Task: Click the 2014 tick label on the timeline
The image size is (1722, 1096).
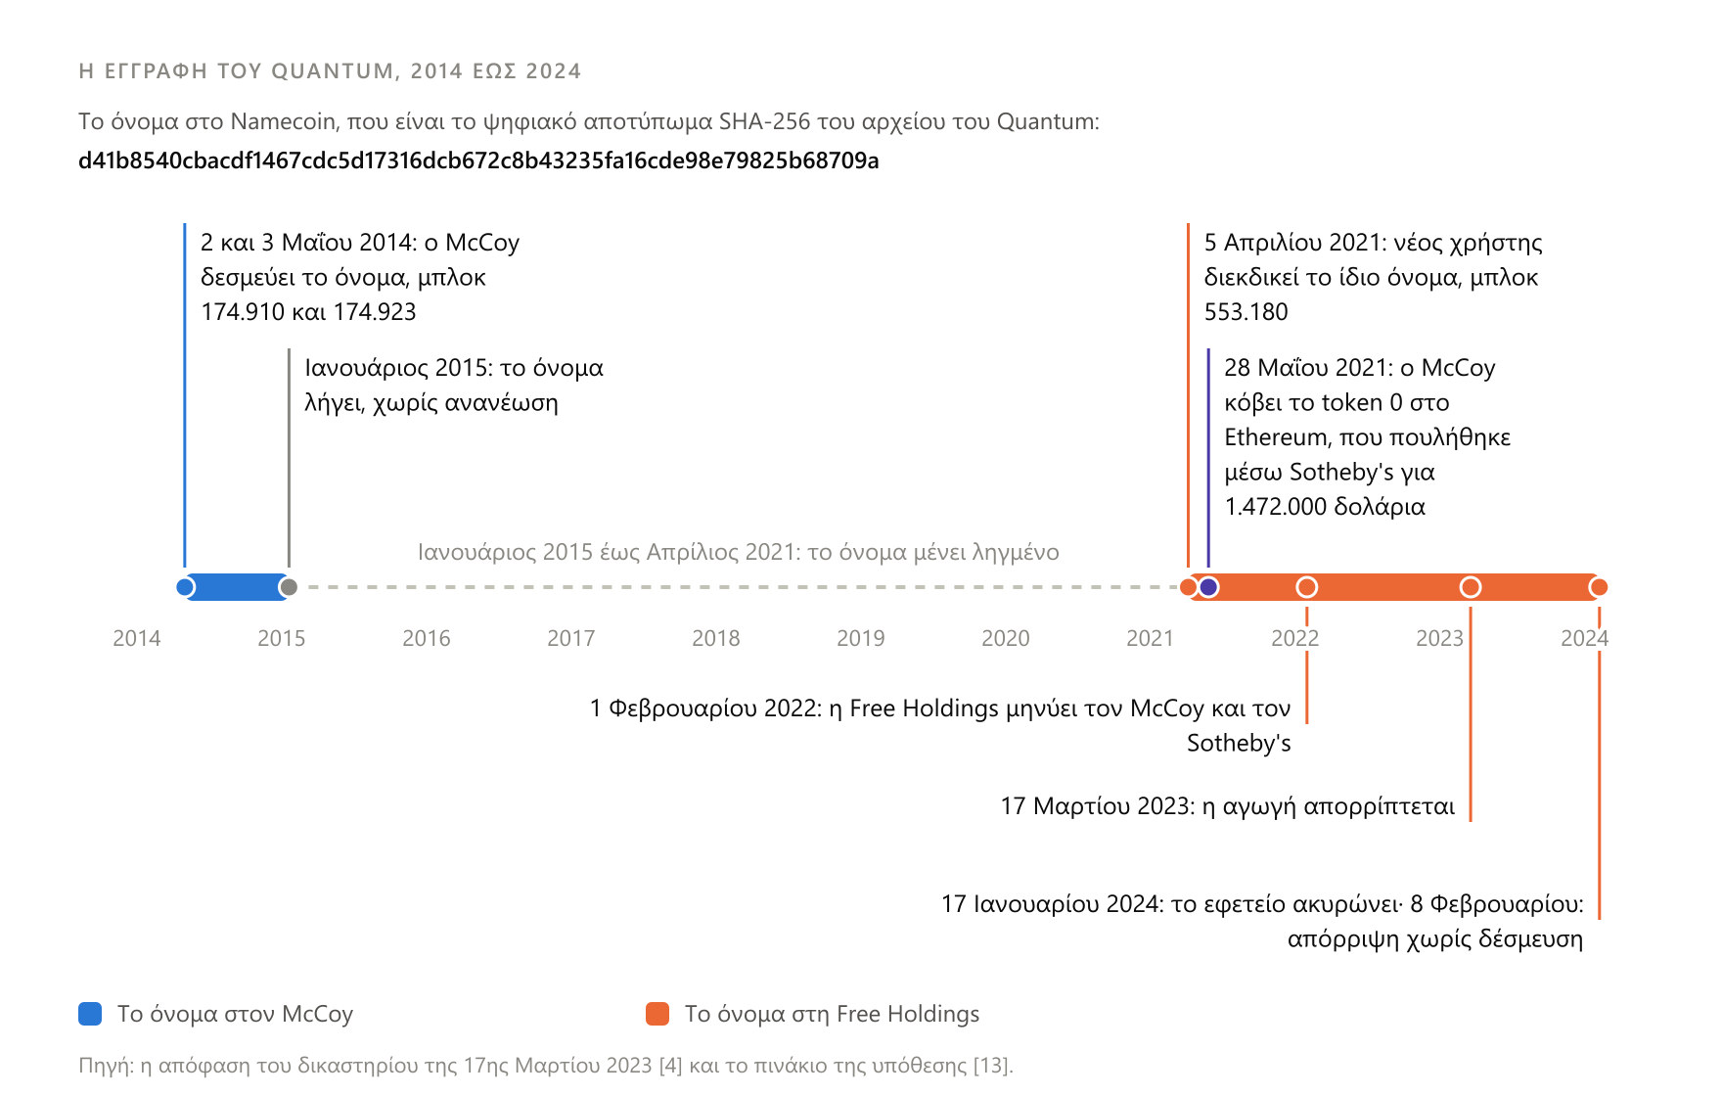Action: (x=136, y=638)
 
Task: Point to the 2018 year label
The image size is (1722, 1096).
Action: (x=715, y=638)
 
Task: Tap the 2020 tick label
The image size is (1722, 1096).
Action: (x=1005, y=638)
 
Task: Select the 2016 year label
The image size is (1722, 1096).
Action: (x=426, y=638)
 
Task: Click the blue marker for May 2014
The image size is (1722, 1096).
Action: (x=185, y=587)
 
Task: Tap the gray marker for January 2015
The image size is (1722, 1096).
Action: (x=288, y=587)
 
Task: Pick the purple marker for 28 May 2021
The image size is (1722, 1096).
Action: (x=1208, y=587)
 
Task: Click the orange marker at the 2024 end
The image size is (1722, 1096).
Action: (x=1599, y=587)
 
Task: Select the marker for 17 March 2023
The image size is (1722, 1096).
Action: (x=1470, y=587)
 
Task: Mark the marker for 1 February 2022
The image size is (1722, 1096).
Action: (x=1306, y=587)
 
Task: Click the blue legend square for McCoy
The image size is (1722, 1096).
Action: (x=90, y=1014)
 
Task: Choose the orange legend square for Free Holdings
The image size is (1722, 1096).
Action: (x=657, y=1014)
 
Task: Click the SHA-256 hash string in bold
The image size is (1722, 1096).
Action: (x=478, y=160)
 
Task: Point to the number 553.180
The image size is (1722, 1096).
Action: (x=1246, y=312)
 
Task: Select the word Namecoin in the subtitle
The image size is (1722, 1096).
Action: (x=283, y=121)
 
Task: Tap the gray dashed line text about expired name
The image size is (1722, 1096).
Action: (x=738, y=552)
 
